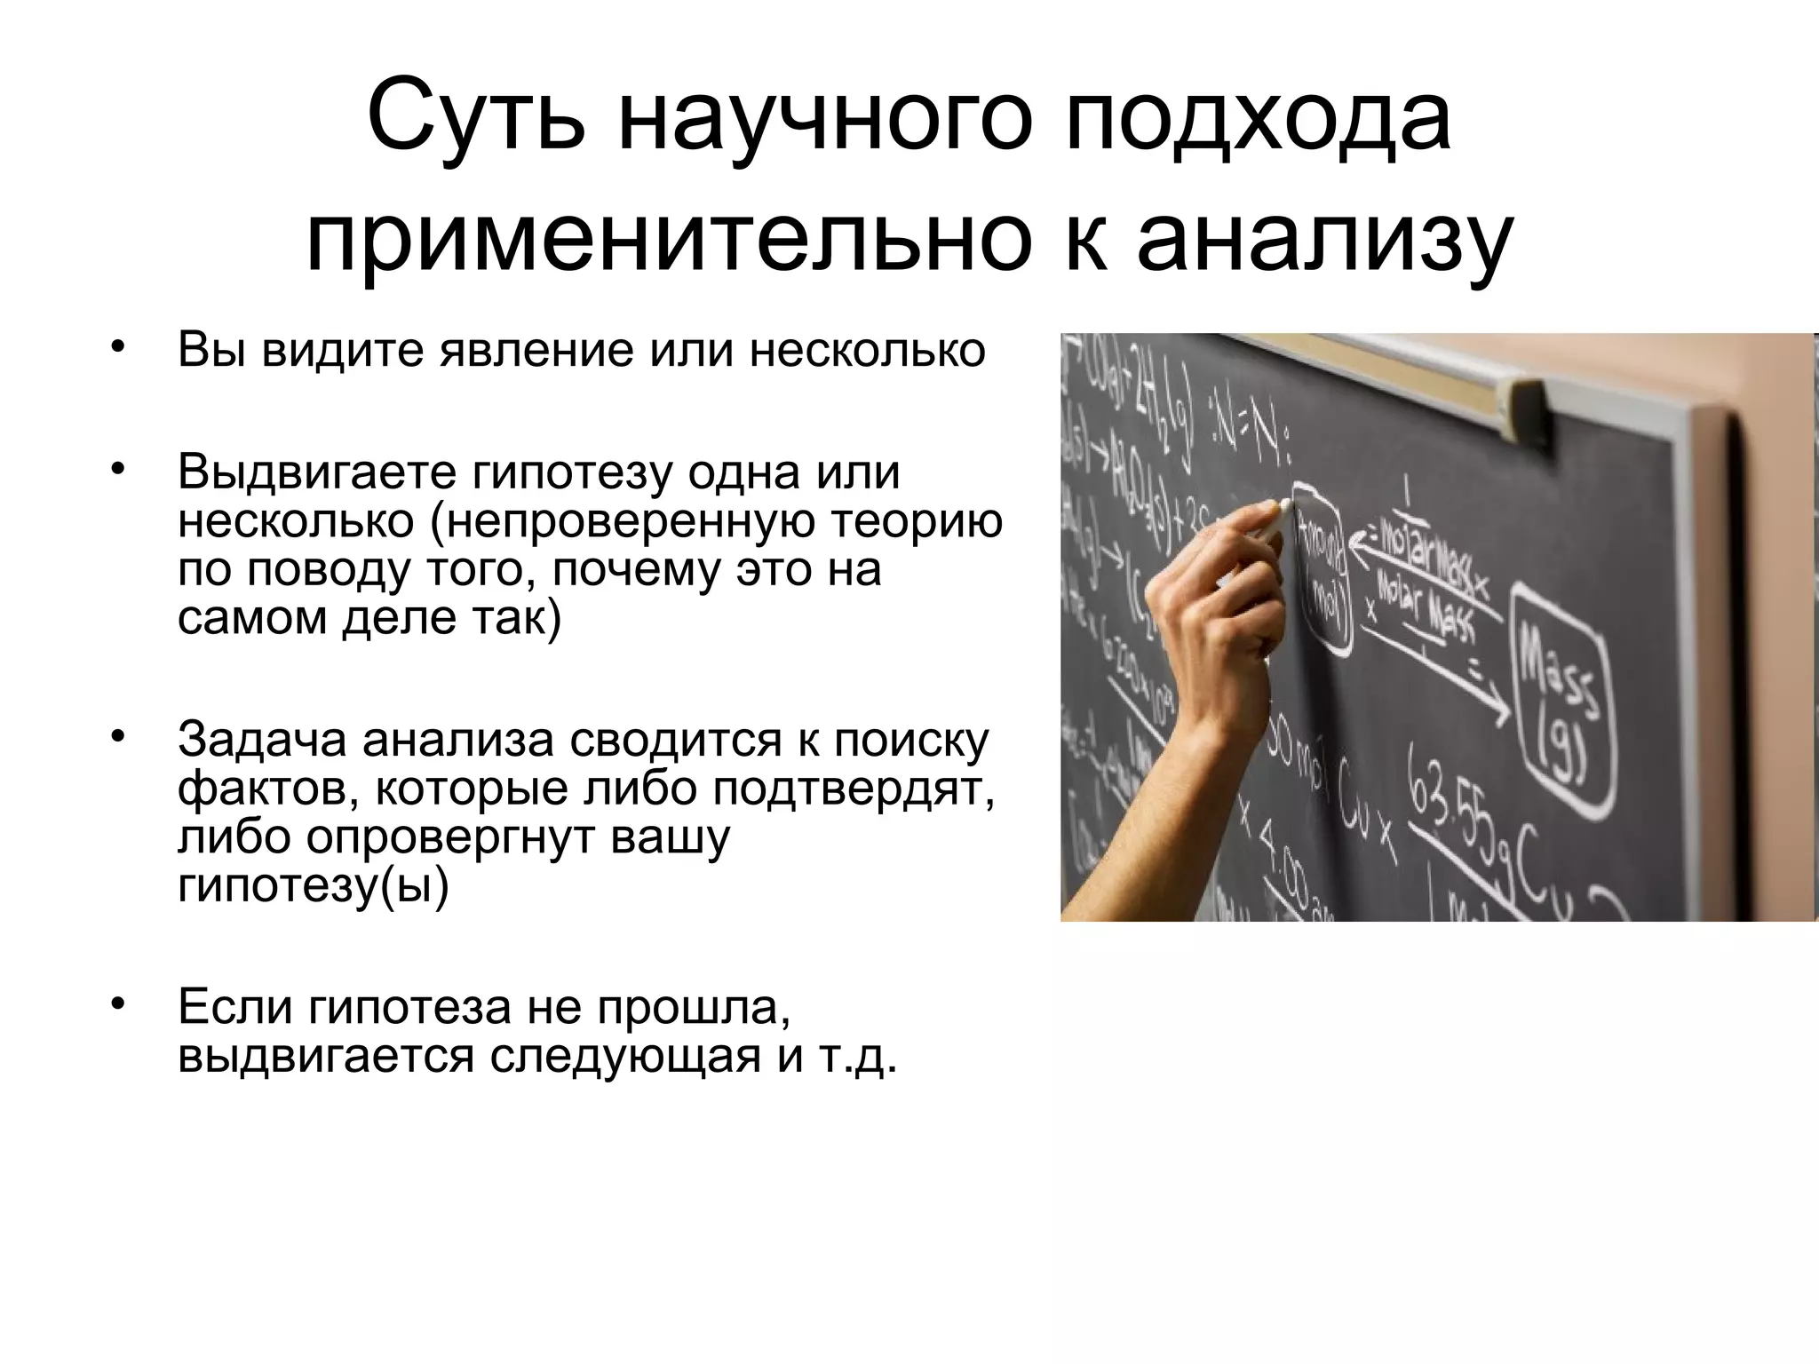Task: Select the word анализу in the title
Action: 1324,238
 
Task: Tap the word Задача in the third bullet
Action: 263,740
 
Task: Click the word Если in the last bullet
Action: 237,1007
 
